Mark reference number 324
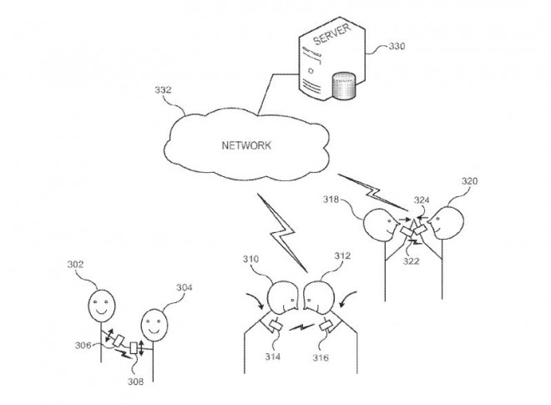[x=422, y=201]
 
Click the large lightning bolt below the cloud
[x=284, y=238]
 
